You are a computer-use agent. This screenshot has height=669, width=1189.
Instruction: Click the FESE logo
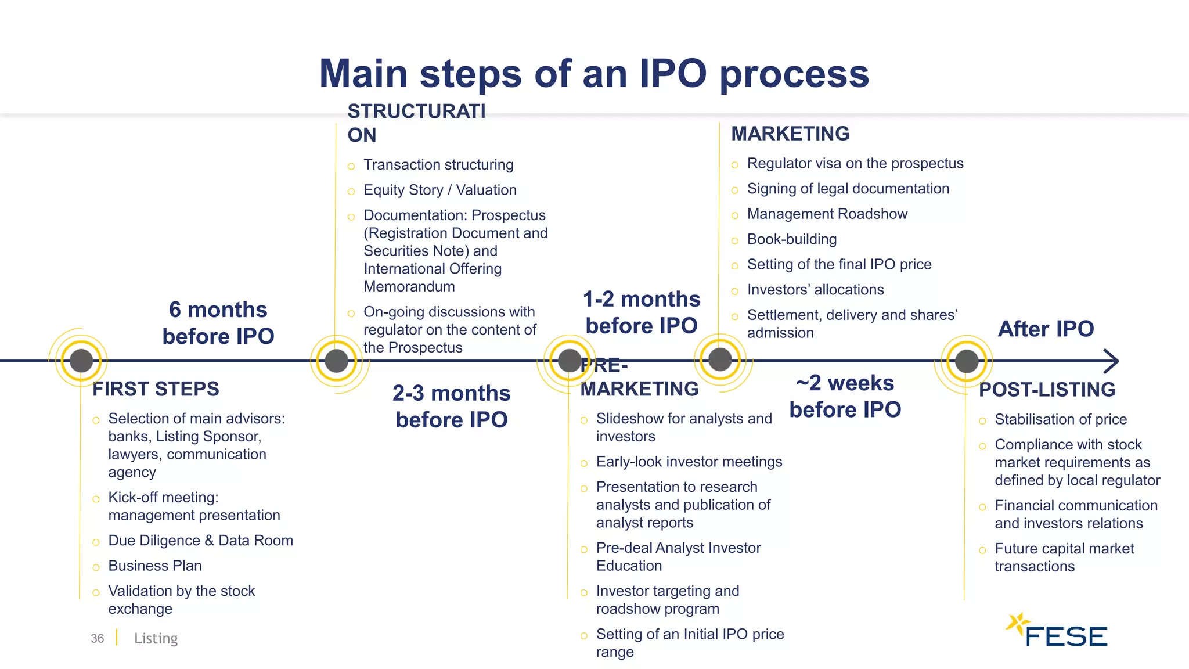click(x=1058, y=631)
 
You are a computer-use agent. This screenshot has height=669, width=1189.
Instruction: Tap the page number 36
click(x=97, y=638)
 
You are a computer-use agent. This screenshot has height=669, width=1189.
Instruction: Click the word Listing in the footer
click(x=156, y=638)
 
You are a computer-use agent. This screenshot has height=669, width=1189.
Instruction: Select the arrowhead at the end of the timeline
click(x=1111, y=361)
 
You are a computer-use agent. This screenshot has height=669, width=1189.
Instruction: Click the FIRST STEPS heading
click(x=156, y=389)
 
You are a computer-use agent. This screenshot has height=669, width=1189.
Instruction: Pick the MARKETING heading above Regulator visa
click(x=790, y=134)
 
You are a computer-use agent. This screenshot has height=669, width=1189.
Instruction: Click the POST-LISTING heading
click(x=1047, y=389)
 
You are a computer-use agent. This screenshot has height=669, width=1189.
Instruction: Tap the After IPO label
click(x=1046, y=329)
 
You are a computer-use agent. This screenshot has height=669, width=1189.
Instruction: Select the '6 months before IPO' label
click(x=218, y=323)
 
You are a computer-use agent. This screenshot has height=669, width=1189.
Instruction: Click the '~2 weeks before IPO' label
click(x=845, y=396)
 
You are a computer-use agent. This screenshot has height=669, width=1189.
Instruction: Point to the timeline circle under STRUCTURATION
click(x=336, y=361)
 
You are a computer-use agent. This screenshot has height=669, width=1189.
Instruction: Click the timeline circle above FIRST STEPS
click(x=81, y=361)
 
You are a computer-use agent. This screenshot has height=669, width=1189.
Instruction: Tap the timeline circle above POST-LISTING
click(x=966, y=361)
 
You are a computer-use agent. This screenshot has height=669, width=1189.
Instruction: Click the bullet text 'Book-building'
click(x=792, y=239)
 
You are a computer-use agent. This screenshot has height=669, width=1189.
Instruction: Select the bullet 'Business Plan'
click(x=155, y=566)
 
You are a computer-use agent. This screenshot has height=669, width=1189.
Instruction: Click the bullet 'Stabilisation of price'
click(x=1061, y=419)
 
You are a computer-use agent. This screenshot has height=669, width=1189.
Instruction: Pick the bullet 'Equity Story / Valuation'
click(x=439, y=190)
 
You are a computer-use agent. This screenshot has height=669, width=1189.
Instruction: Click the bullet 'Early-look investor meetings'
click(x=689, y=462)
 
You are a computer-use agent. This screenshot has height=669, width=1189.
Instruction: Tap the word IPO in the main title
click(x=673, y=74)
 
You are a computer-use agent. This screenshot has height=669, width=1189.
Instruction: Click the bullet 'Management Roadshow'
click(x=827, y=214)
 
